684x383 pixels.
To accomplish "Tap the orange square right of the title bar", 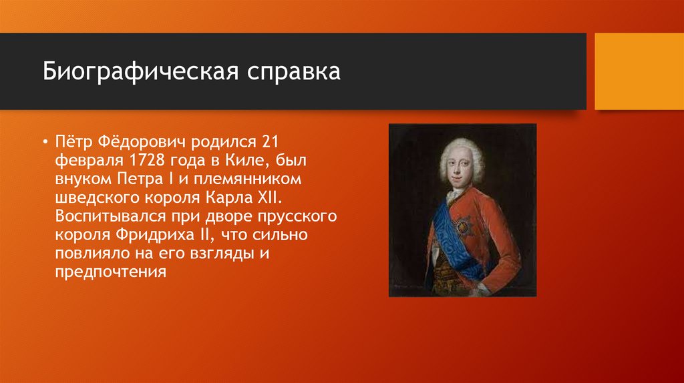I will [x=639, y=71].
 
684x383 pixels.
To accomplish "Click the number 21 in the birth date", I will [x=269, y=143].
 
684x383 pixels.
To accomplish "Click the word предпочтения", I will [x=110, y=273].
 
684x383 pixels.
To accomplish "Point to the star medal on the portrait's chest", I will [x=462, y=226].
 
